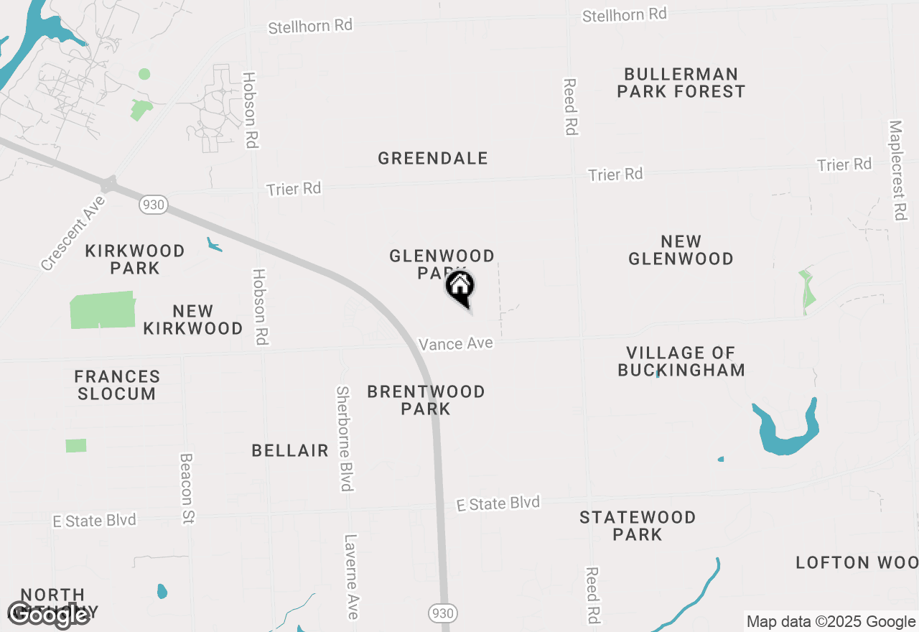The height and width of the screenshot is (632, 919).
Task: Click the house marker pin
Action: coord(460,288)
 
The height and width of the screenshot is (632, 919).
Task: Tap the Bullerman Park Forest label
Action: coord(681,83)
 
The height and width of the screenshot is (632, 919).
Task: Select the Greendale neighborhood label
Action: coord(433,159)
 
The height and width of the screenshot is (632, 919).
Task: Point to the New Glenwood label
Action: coord(681,250)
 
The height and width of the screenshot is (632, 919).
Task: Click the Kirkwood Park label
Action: coord(135,259)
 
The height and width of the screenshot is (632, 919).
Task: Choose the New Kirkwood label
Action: coord(192,320)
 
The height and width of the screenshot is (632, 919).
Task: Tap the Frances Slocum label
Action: coord(117,385)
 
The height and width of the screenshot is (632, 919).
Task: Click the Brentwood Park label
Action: coord(426,400)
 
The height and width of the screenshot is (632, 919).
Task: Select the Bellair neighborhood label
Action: coord(290,451)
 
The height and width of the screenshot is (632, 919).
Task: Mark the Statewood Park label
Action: coord(638,526)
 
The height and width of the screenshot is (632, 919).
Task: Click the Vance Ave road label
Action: coord(456,344)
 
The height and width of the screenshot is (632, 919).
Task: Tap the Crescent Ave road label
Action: coord(73,233)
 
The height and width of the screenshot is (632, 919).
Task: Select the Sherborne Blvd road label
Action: coord(345,439)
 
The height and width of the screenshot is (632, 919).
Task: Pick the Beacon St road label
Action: coord(187,488)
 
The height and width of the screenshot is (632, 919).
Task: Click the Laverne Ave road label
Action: coord(351,576)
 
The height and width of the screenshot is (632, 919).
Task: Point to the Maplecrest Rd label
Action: coord(897,170)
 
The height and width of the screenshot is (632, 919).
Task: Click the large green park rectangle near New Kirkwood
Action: coord(103,310)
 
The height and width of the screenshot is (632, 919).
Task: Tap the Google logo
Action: coord(47,615)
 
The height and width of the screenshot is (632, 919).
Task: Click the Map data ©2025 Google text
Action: coord(831,622)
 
